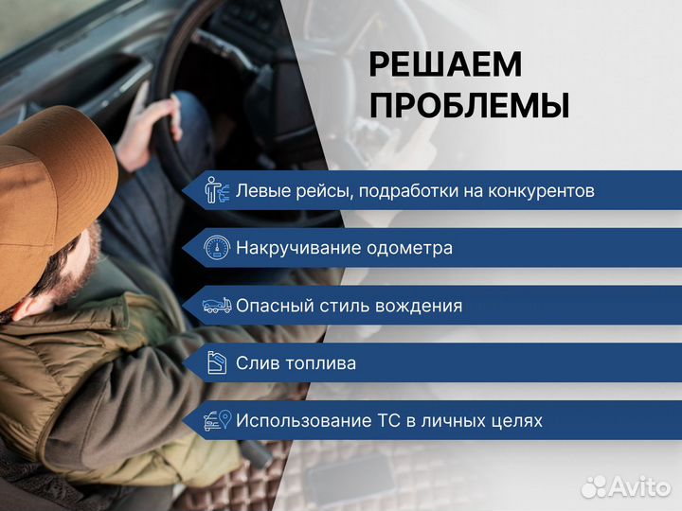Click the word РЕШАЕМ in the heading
point(445,65)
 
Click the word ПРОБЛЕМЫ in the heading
point(469,106)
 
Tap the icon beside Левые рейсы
point(217,191)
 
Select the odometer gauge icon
point(217,248)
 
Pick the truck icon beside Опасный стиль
point(217,306)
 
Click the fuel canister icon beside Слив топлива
point(217,363)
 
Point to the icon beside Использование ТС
point(217,420)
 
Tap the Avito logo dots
point(594,486)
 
